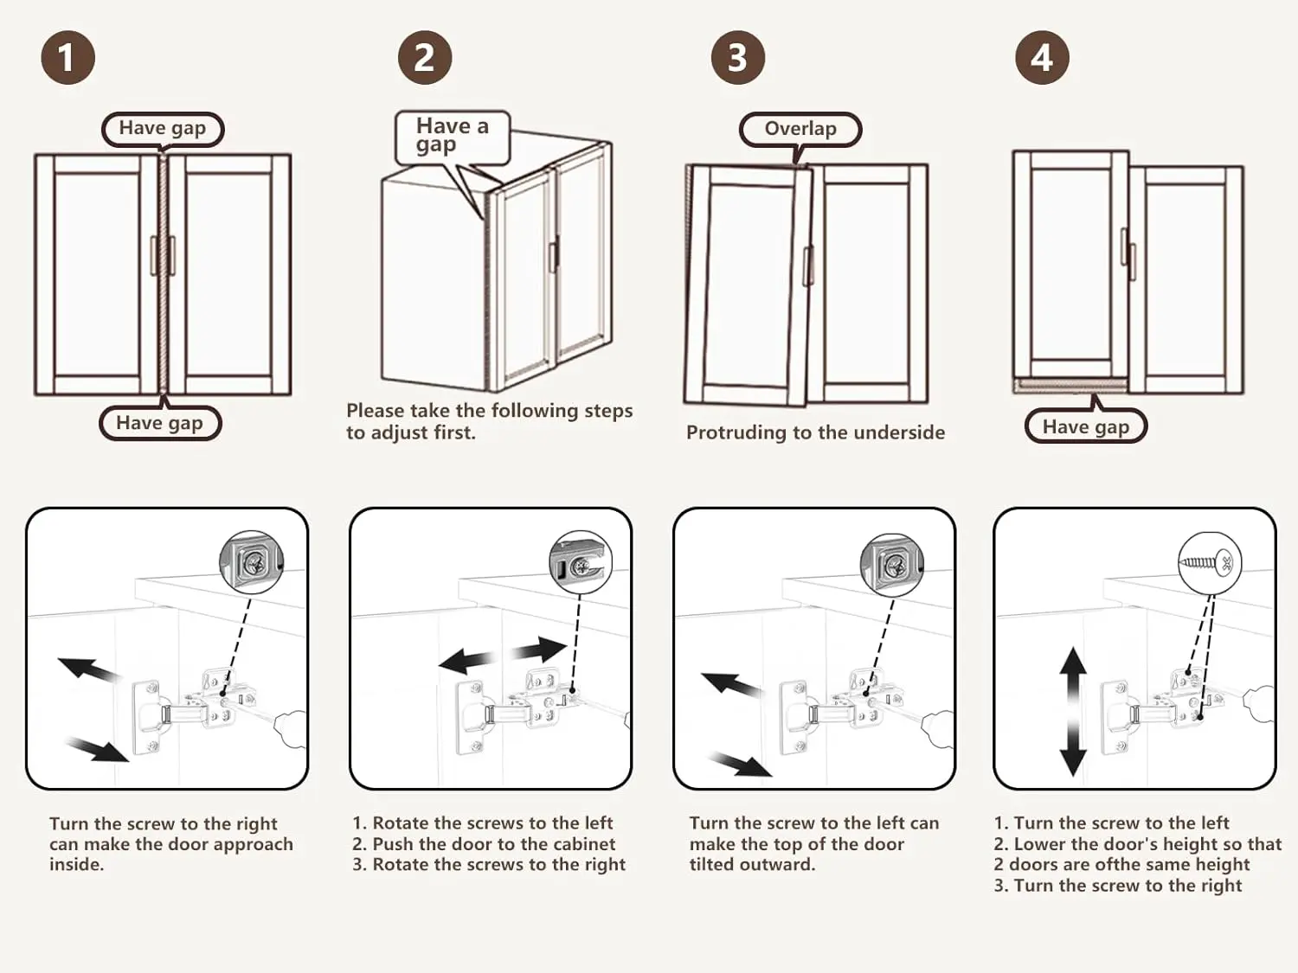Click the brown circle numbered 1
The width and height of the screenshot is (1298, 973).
pos(67,58)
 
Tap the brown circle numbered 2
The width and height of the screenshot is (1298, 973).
pos(424,58)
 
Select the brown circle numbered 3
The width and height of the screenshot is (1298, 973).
pos(737,58)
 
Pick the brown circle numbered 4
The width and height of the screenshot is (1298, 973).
pos(1042,58)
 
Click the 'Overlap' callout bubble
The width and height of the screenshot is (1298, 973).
pos(800,129)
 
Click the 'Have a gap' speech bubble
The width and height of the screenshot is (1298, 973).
pos(452,136)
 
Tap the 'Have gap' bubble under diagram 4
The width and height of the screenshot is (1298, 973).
pos(1085,426)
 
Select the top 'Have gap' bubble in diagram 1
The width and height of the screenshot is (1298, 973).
pos(163,129)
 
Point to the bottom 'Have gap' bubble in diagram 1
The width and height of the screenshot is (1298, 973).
pos(160,423)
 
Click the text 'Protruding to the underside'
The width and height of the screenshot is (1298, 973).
pos(815,432)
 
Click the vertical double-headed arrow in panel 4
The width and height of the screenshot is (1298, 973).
pos(1073,711)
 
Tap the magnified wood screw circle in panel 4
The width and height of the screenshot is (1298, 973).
pos(1210,563)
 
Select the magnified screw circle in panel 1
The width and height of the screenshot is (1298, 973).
pos(252,562)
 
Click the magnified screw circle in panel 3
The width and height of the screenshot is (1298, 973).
pos(892,564)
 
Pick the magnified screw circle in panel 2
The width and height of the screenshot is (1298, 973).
pos(581,562)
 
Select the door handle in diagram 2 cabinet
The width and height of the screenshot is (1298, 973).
pos(552,257)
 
